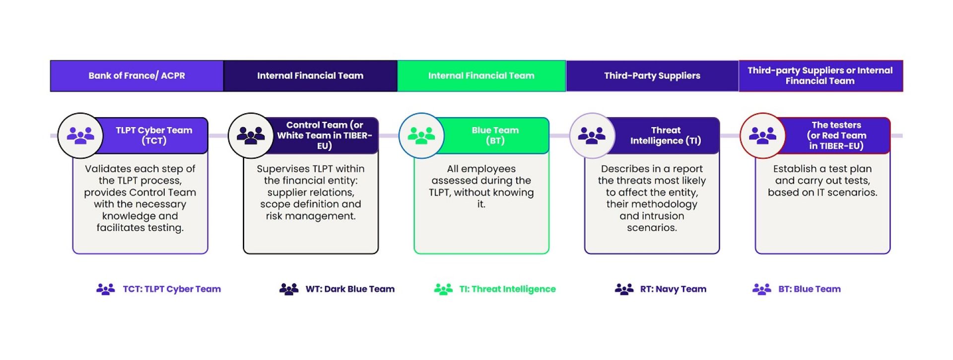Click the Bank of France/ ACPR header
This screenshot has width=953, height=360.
point(136,76)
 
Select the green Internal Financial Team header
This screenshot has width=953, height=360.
point(481,76)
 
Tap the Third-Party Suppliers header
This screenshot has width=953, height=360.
point(652,76)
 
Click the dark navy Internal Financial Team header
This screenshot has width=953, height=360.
point(310,76)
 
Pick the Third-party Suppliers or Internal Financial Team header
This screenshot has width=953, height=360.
point(820,76)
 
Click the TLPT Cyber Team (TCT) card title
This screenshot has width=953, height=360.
point(154,136)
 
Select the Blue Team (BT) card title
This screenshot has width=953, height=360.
point(495,136)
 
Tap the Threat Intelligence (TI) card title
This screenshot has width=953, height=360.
point(666,136)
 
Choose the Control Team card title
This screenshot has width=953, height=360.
point(325,136)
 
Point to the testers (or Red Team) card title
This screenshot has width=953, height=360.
point(836,136)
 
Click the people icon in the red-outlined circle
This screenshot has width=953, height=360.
point(762,136)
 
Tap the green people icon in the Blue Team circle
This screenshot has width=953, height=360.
point(421,136)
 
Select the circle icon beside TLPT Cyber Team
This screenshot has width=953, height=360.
point(80,136)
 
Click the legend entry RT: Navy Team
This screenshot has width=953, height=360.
point(660,289)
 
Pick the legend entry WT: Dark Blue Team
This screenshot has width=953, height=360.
point(337,289)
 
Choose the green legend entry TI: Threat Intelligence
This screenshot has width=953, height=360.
point(495,289)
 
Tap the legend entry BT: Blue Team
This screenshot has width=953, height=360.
point(796,289)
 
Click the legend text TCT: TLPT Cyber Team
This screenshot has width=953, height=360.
point(172,289)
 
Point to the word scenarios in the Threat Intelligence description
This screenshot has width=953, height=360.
point(652,228)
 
